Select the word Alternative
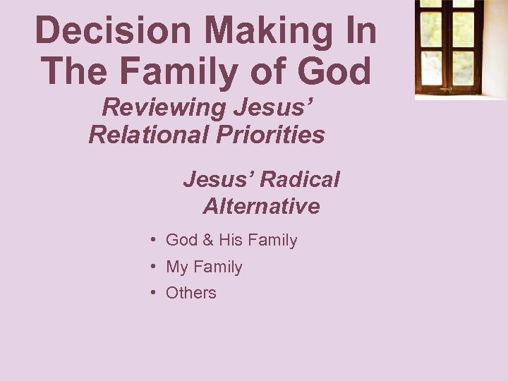261,206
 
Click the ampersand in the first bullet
208,241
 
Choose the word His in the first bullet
230,241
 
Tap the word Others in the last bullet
190,293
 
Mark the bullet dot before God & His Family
153,241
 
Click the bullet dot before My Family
153,267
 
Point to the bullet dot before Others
153,293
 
